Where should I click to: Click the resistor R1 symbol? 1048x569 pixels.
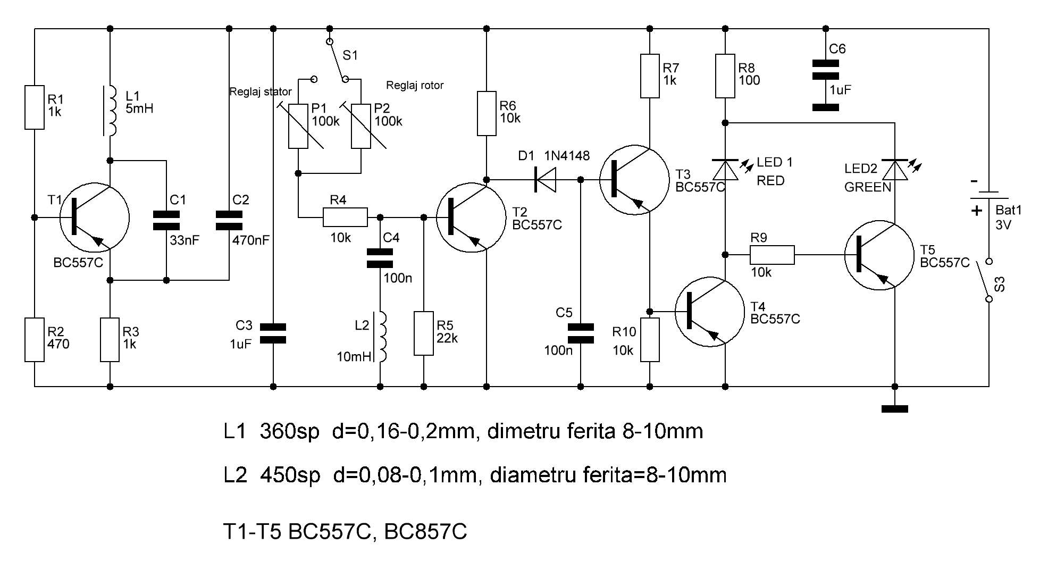pos(35,107)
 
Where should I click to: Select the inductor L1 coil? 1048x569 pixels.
pos(111,111)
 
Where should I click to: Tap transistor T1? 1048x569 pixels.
pos(94,218)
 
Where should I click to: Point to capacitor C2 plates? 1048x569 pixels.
pos(229,220)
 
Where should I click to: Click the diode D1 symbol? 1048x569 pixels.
pos(545,180)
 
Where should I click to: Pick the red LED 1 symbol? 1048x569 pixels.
pos(725,169)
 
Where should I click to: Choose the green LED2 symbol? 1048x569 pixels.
pos(895,170)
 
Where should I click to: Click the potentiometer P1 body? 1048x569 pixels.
pos(298,126)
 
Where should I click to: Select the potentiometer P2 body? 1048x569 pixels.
pos(361,126)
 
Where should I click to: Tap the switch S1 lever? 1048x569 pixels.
pos(337,60)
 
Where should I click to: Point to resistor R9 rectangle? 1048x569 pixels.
pos(772,255)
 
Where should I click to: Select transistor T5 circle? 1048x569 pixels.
pos(879,255)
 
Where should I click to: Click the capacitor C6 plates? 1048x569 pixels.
pos(826,70)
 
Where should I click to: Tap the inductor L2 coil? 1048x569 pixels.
pos(381,337)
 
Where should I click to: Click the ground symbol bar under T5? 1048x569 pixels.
pos(895,409)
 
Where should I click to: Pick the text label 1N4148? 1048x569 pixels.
pos(567,156)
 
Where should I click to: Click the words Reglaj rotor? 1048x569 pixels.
pos(414,85)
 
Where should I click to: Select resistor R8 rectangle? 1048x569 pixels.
pos(725,76)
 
